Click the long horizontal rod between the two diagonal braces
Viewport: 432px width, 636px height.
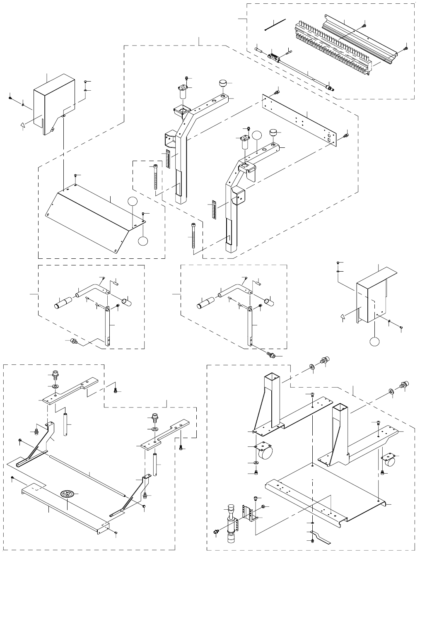click(x=87, y=475)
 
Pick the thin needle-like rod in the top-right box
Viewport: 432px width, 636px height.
click(x=275, y=24)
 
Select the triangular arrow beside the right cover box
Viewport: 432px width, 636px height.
click(x=343, y=317)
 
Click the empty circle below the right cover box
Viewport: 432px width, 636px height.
click(x=374, y=342)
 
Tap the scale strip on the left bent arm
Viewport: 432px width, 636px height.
click(x=168, y=159)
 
